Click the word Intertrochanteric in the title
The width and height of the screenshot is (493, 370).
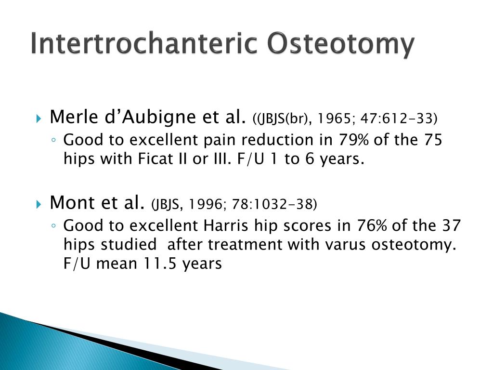[144, 44]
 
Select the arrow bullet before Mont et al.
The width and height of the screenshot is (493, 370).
[39, 205]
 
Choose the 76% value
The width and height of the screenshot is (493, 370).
[374, 225]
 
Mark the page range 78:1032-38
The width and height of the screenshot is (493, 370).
[274, 205]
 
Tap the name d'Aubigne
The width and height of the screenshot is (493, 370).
[136, 117]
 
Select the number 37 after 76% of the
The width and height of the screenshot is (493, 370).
[450, 225]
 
